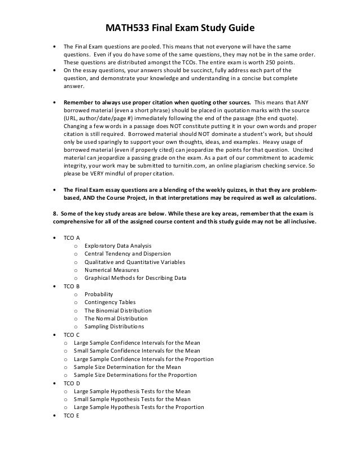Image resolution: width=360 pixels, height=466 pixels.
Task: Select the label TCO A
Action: pyautogui.click(x=71, y=238)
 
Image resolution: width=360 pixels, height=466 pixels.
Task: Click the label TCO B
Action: pyautogui.click(x=71, y=286)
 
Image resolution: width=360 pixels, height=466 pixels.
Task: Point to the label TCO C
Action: pyautogui.click(x=71, y=335)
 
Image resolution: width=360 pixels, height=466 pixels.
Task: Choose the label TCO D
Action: pyautogui.click(x=71, y=383)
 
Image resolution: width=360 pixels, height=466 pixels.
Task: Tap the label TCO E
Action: pyautogui.click(x=71, y=416)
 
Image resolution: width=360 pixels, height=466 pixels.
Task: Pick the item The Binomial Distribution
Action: pyautogui.click(x=118, y=310)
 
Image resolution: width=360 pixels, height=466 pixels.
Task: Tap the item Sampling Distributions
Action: pyautogui.click(x=114, y=327)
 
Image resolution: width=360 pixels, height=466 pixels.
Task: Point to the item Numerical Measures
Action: pyautogui.click(x=111, y=270)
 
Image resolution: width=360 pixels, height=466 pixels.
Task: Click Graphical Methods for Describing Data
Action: pyautogui.click(x=135, y=278)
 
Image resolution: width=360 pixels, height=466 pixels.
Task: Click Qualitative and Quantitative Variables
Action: pyautogui.click(x=135, y=262)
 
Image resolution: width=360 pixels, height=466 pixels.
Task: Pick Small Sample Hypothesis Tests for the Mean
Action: pyautogui.click(x=132, y=399)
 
